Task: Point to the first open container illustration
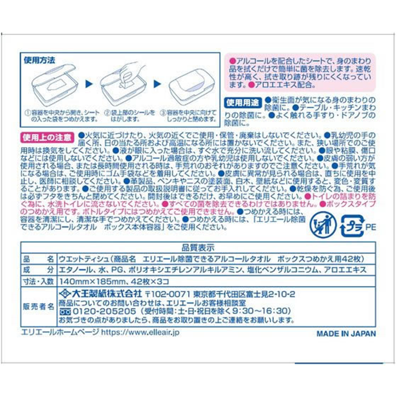53,83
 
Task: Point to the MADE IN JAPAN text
346,333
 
